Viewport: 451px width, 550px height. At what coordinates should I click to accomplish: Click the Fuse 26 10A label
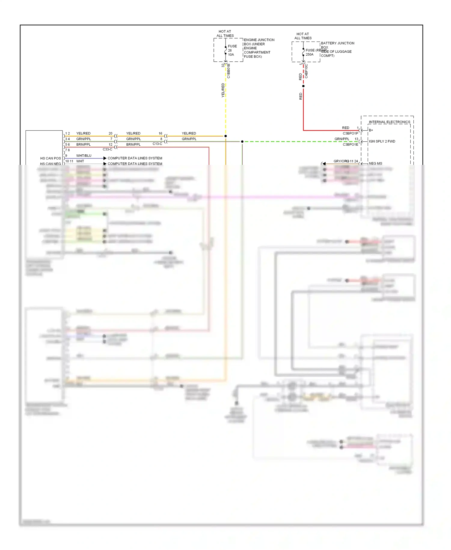232,50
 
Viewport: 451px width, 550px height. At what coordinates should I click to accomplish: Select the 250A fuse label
309,54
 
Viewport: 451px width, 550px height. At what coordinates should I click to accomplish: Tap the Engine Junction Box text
259,48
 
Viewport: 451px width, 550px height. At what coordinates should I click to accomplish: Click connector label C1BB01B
229,71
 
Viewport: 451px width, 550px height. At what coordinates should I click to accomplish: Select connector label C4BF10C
306,71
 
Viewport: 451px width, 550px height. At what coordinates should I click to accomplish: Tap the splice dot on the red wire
303,86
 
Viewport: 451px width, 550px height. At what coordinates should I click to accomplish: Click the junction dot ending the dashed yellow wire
226,136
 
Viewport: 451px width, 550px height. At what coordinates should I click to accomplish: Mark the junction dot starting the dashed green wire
242,141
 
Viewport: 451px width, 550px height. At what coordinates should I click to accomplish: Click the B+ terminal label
371,130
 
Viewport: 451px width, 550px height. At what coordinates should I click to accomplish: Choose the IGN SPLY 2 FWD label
382,141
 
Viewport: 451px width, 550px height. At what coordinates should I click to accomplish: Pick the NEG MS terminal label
375,163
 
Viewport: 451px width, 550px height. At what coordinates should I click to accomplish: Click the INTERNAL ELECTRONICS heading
389,122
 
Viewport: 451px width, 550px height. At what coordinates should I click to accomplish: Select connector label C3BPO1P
350,133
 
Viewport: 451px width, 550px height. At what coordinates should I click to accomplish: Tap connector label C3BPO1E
350,144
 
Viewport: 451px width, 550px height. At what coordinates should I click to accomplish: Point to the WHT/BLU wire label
84,156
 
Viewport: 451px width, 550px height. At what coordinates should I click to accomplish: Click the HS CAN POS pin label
51,158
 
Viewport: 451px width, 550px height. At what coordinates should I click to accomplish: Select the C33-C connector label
107,149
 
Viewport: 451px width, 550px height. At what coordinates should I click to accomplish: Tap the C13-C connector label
157,144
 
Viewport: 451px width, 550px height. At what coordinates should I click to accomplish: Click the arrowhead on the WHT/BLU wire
105,158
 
